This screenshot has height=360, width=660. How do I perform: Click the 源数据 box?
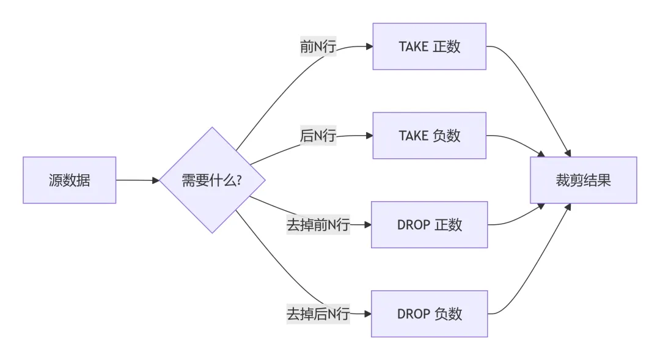[x=70, y=180]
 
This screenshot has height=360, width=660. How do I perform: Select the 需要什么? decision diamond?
[x=212, y=180]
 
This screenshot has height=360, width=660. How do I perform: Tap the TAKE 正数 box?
[x=430, y=46]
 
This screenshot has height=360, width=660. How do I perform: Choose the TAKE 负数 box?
[x=430, y=136]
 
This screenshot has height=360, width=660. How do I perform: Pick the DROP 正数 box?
[x=430, y=225]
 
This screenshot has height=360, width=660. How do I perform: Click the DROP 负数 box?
[x=430, y=314]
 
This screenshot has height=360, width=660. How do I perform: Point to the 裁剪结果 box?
[x=584, y=180]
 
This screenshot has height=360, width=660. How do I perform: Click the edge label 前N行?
[x=318, y=46]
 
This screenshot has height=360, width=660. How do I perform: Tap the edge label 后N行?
[x=318, y=136]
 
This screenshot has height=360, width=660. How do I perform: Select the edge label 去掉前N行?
[x=318, y=225]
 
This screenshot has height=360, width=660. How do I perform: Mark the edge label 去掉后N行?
[x=318, y=314]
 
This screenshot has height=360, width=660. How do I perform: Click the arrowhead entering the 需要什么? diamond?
[x=156, y=180]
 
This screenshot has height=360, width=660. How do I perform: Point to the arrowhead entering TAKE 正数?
[x=369, y=46]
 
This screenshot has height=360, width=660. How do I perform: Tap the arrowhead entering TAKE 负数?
[x=369, y=136]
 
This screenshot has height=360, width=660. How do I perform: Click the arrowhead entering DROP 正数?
[x=367, y=225]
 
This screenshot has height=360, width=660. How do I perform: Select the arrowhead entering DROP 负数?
[x=367, y=314]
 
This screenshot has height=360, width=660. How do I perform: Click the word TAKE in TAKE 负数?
[x=413, y=136]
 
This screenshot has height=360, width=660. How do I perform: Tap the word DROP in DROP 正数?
[x=413, y=225]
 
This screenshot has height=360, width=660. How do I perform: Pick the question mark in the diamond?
[x=239, y=180]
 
